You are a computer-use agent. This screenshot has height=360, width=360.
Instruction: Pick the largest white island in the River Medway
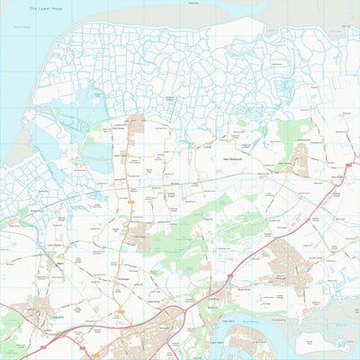[315, 342]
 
